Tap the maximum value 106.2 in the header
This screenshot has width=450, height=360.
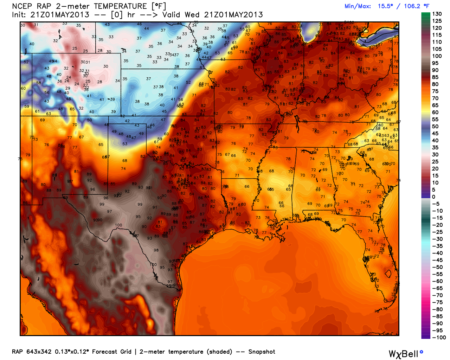pyautogui.click(x=412, y=6)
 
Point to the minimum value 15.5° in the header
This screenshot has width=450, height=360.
pyautogui.click(x=385, y=6)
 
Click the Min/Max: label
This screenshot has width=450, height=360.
pyautogui.click(x=358, y=6)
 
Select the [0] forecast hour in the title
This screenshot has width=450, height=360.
pyautogui.click(x=117, y=15)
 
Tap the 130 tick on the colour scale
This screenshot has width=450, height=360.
pyautogui.click(x=437, y=14)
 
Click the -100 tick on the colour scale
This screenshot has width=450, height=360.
pyautogui.click(x=439, y=337)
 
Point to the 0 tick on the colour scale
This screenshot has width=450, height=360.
pyautogui.click(x=433, y=197)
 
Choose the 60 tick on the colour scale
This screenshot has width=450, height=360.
pyautogui.click(x=435, y=112)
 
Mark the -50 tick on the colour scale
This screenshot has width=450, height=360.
pyautogui.click(x=437, y=267)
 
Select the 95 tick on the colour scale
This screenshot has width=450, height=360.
pyautogui.click(x=435, y=63)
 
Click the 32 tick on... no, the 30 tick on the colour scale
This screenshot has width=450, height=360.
pyautogui.click(x=435, y=155)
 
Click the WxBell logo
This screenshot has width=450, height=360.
pyautogui.click(x=405, y=354)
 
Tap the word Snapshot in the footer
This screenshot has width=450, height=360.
pyautogui.click(x=262, y=352)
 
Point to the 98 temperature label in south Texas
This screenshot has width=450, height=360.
pyautogui.click(x=156, y=250)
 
